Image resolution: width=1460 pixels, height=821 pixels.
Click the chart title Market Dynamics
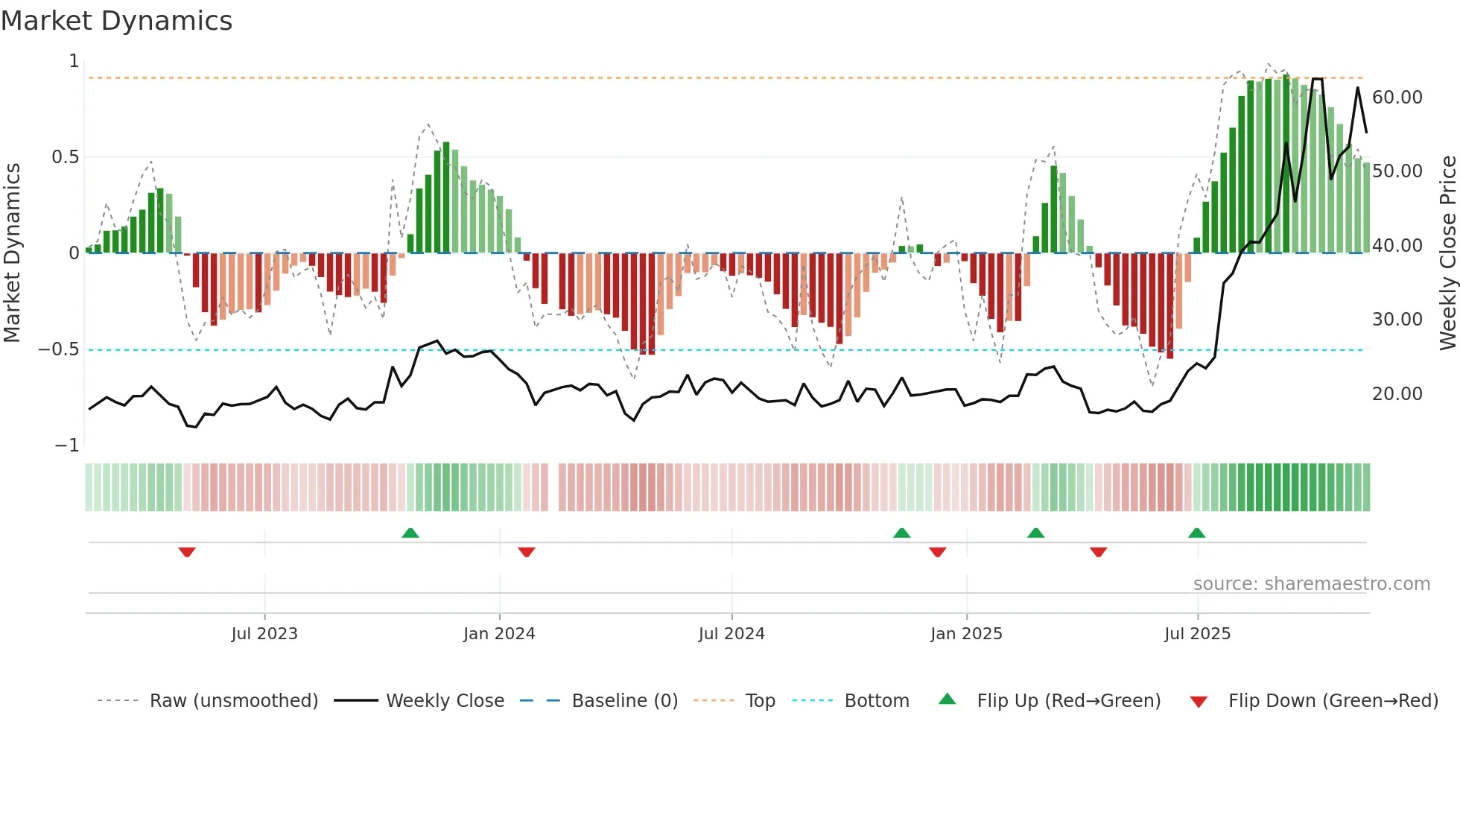pos(116,21)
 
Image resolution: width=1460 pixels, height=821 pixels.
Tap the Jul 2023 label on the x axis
pos(264,634)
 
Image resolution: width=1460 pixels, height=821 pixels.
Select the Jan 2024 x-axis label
pos(499,634)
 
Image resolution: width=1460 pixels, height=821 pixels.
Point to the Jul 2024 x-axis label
pos(731,634)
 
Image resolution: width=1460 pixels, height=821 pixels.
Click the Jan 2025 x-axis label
pos(966,634)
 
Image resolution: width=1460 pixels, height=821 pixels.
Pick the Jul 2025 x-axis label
pos(1198,634)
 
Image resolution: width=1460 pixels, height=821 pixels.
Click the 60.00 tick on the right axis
pos(1397,98)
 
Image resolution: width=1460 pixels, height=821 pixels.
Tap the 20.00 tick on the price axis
pos(1397,394)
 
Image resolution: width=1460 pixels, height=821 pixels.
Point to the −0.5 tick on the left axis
pos(59,349)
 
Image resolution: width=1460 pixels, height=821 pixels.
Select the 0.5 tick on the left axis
pos(65,157)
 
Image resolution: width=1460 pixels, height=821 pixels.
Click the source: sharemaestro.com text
pos(1311,584)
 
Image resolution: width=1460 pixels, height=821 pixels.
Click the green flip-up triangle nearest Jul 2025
pos(1197,533)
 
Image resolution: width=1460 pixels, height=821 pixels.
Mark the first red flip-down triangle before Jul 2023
pos(187,552)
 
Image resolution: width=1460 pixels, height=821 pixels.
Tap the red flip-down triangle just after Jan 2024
pos(527,552)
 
